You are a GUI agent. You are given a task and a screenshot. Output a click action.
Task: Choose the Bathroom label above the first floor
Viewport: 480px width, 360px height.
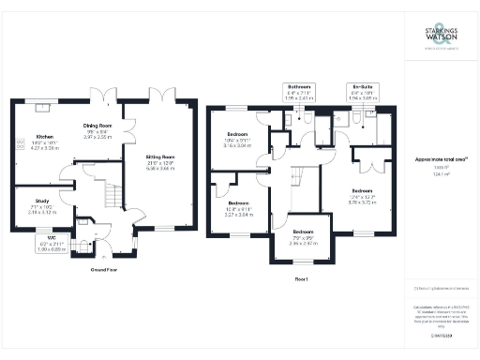[302, 90]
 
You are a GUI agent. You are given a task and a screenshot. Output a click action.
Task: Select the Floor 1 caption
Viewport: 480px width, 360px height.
[302, 278]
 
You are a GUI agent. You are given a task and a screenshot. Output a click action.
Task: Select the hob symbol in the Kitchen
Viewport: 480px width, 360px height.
[19, 142]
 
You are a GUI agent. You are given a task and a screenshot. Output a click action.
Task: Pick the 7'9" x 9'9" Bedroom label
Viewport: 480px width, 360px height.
[303, 236]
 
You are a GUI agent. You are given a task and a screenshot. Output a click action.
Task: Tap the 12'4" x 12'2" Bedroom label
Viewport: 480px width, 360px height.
[361, 196]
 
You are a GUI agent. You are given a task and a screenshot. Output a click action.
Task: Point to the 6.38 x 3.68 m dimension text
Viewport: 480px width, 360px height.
[159, 169]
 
